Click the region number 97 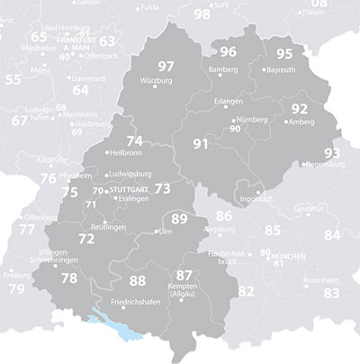pyautogui.click(x=166, y=67)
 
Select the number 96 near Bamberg pyautogui.click(x=229, y=51)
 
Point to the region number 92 pyautogui.click(x=301, y=109)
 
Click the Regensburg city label pyautogui.click(x=326, y=165)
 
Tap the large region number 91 pyautogui.click(x=201, y=144)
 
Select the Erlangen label pyautogui.click(x=229, y=102)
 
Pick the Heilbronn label pyautogui.click(x=129, y=153)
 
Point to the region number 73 pyautogui.click(x=162, y=188)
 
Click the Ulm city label pyautogui.click(x=164, y=232)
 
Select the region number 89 pyautogui.click(x=179, y=218)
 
